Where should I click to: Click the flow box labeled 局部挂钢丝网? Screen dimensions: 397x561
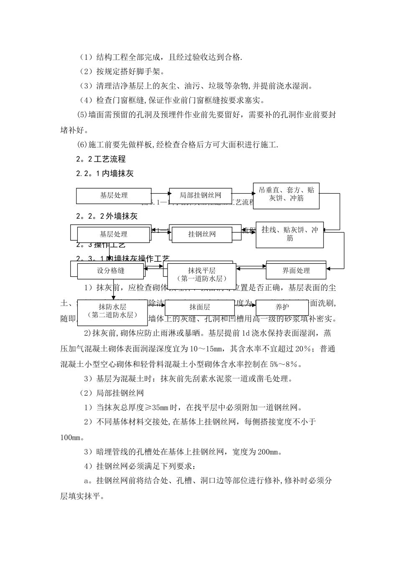pos(200,195)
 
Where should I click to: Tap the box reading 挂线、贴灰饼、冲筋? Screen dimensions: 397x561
pos(289,234)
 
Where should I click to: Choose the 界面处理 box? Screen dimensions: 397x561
pos(296,271)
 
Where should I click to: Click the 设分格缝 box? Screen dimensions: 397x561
pos(111,271)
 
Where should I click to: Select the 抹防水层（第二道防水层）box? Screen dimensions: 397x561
pos(112,311)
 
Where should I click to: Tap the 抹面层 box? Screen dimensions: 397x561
pos(199,308)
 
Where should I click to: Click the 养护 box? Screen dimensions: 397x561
pos(282,308)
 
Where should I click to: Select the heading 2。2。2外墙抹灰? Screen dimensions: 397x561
pos(107,216)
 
